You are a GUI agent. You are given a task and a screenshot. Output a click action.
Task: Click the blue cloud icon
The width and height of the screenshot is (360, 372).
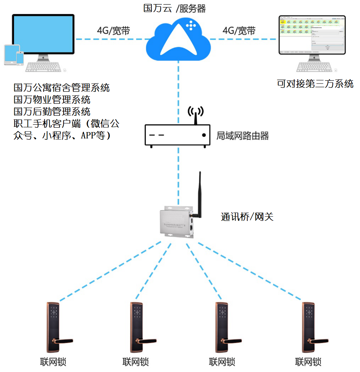pyautogui.click(x=178, y=39)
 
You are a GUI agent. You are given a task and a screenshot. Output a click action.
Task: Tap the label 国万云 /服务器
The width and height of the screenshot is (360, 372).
pyautogui.click(x=174, y=8)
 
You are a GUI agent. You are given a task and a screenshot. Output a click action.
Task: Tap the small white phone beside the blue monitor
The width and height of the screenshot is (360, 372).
pyautogui.click(x=20, y=58)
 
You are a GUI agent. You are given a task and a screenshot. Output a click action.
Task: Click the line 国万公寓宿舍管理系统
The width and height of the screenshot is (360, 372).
pyautogui.click(x=62, y=88)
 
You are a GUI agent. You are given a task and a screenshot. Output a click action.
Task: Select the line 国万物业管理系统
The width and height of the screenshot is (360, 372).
pyautogui.click(x=52, y=99)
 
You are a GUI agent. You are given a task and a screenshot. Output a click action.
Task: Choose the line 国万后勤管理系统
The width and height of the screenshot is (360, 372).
pyautogui.click(x=52, y=111)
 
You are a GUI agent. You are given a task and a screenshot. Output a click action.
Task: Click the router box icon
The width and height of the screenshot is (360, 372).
pyautogui.click(x=178, y=135)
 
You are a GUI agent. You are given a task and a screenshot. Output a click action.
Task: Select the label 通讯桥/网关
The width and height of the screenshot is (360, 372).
pyautogui.click(x=247, y=217)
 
